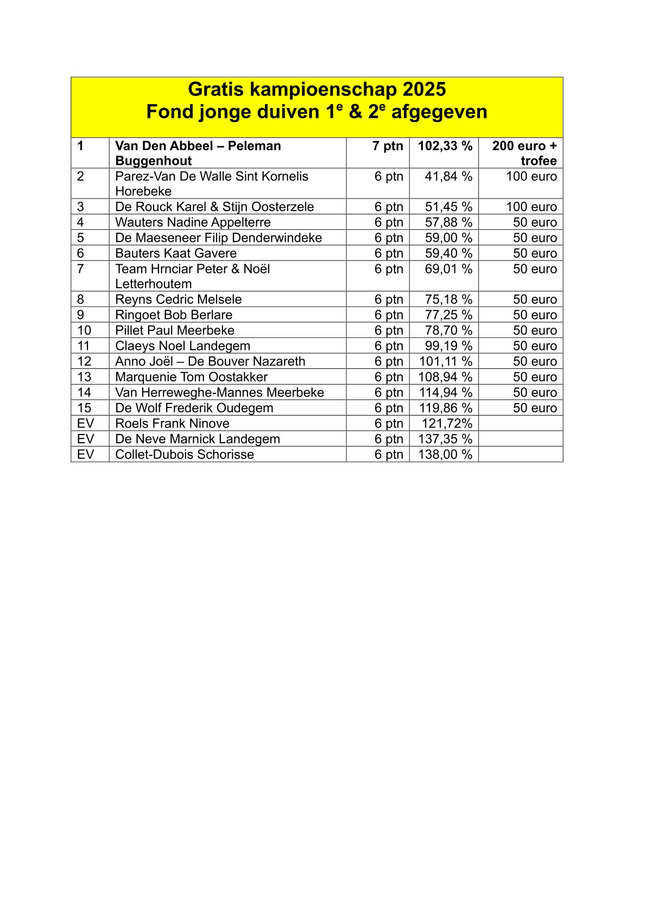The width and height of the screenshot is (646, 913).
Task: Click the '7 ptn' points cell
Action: (x=388, y=146)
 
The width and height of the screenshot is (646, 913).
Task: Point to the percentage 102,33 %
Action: (x=445, y=146)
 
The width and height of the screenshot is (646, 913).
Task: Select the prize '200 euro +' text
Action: (x=524, y=146)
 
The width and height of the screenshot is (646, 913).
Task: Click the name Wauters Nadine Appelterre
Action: (x=193, y=222)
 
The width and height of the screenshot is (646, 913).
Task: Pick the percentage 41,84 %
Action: (x=448, y=177)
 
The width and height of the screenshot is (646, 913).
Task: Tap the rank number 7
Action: (x=80, y=269)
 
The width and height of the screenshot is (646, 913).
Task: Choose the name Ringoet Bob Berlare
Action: (x=174, y=315)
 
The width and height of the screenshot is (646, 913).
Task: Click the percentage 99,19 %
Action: (x=448, y=346)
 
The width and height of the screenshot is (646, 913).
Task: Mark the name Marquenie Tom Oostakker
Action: (x=191, y=377)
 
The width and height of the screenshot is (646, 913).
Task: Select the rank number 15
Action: (x=84, y=408)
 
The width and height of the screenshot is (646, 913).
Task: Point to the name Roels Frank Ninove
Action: (x=172, y=424)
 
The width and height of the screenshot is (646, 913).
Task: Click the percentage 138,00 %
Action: (x=445, y=455)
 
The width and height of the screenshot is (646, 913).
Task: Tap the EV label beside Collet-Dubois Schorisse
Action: (x=85, y=455)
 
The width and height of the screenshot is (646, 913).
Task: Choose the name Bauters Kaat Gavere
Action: (x=176, y=253)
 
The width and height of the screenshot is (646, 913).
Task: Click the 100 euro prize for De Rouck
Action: (x=531, y=207)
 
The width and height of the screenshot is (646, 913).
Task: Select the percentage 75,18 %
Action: (x=448, y=299)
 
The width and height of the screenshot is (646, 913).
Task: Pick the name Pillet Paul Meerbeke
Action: (x=175, y=330)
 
